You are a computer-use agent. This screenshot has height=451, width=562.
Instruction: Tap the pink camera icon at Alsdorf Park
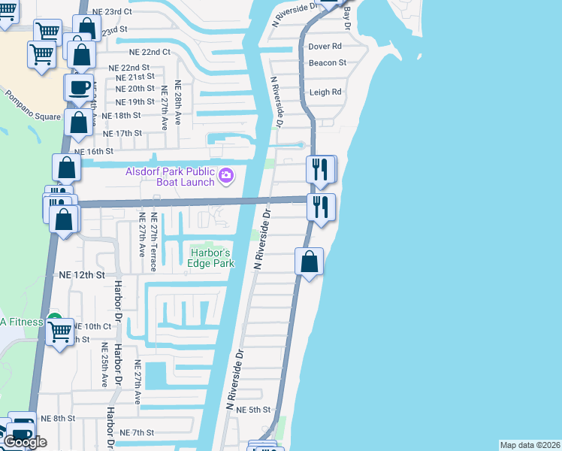pyautogui.click(x=227, y=177)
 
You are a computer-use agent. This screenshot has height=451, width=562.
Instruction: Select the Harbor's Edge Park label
pyautogui.click(x=211, y=258)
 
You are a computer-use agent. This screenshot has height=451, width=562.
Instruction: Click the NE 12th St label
pyautogui.click(x=82, y=276)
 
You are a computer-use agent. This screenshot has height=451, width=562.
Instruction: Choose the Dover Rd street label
pyautogui.click(x=325, y=47)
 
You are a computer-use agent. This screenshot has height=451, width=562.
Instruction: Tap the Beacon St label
pyautogui.click(x=327, y=63)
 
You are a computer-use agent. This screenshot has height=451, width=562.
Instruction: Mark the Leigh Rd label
pyautogui.click(x=325, y=92)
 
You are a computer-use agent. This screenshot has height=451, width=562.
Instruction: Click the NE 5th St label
pyautogui.click(x=252, y=410)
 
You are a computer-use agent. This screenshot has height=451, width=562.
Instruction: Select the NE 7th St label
pyautogui.click(x=137, y=433)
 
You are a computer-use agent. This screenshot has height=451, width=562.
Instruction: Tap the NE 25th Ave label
pyautogui.click(x=104, y=365)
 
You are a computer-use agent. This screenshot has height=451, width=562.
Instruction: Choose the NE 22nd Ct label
pyautogui.click(x=150, y=53)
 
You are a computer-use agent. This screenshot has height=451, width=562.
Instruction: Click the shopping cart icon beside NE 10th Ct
pyautogui.click(x=59, y=330)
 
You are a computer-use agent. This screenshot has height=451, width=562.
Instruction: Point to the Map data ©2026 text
pyautogui.click(x=530, y=445)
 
